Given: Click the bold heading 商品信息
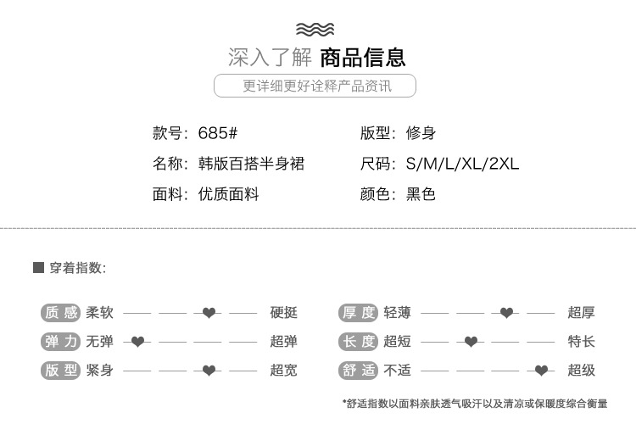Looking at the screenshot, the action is [x=363, y=58].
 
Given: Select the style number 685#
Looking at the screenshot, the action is [x=217, y=133].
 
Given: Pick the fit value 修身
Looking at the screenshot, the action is [x=421, y=133].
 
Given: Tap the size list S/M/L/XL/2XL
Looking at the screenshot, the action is [x=462, y=164].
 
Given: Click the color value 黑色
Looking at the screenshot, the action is [x=421, y=194].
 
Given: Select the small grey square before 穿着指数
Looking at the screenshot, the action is [x=38, y=268].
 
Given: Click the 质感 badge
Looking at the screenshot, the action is [x=60, y=313].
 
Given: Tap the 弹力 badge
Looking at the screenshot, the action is [x=60, y=342].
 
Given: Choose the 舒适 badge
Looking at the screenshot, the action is [x=358, y=371].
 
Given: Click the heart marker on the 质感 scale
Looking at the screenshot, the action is [x=209, y=313].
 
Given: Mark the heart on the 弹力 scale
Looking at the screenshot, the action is [x=137, y=342].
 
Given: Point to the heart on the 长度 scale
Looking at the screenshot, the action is [x=471, y=342].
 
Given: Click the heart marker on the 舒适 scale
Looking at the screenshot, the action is [x=541, y=371].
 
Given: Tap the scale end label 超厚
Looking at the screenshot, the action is [x=582, y=313].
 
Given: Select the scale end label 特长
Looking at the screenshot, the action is [x=582, y=342].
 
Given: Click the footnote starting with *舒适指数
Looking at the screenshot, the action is [x=475, y=404].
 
